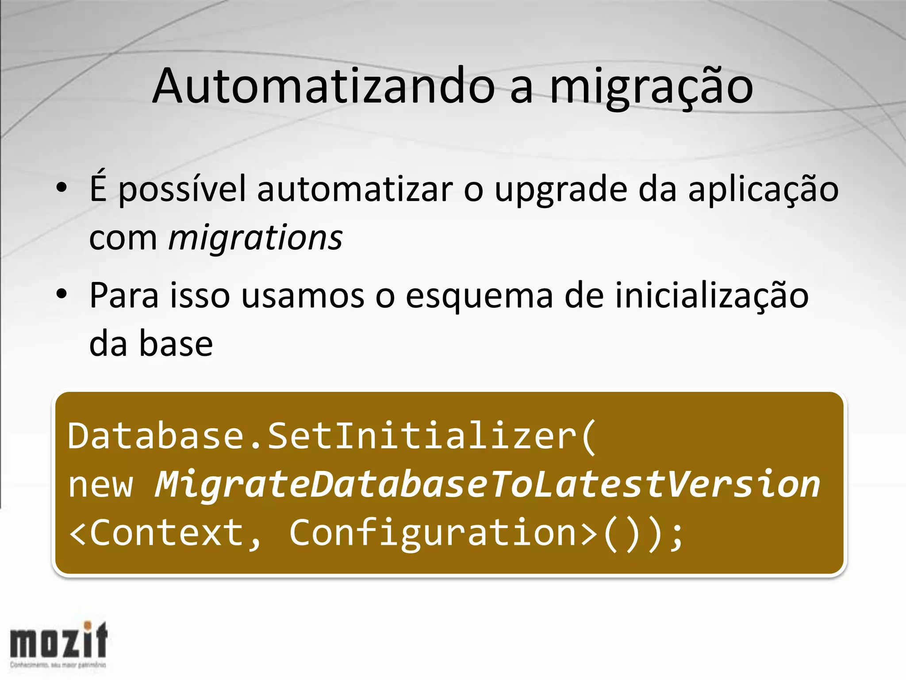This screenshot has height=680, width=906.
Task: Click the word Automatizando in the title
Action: pyautogui.click(x=323, y=86)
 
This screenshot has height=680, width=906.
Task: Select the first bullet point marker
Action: pyautogui.click(x=61, y=188)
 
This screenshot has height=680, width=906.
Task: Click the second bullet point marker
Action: pyautogui.click(x=61, y=294)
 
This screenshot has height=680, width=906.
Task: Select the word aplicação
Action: pyautogui.click(x=763, y=190)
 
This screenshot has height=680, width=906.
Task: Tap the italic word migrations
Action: pyautogui.click(x=255, y=238)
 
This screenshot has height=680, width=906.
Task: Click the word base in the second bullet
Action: pyautogui.click(x=176, y=344)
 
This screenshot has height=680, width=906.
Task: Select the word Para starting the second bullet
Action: pyautogui.click(x=124, y=296)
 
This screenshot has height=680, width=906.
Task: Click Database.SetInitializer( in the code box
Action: pyautogui.click(x=332, y=437)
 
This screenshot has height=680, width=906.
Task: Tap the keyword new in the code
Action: pyautogui.click(x=100, y=485)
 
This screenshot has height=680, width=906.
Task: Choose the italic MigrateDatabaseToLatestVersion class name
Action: pyautogui.click(x=487, y=485)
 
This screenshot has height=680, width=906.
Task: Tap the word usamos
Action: pyautogui.click(x=303, y=297)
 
